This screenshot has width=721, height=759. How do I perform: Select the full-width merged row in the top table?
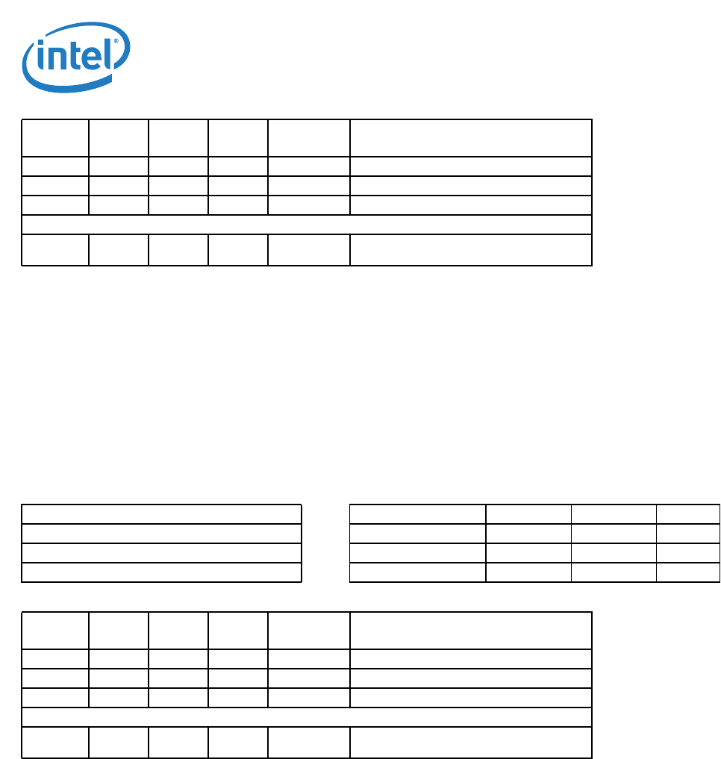pos(306,225)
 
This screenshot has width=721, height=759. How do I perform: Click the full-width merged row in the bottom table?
pos(306,717)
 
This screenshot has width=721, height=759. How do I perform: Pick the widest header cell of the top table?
pos(470,137)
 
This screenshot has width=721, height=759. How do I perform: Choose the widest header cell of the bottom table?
pos(470,630)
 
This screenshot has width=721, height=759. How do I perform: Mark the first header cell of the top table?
pos(55,137)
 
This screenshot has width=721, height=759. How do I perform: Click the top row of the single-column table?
pos(161,514)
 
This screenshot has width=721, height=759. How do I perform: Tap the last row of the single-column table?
pos(161,572)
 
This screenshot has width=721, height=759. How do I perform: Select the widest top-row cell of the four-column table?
pos(417,514)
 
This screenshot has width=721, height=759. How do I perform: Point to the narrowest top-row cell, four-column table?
pos(688,514)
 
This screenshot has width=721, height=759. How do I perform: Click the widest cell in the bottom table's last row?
pos(470,743)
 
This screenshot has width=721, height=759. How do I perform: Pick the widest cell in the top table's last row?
pos(470,250)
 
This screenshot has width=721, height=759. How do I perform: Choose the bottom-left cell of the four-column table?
pos(417,572)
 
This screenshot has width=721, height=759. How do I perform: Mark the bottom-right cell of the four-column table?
pos(688,572)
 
